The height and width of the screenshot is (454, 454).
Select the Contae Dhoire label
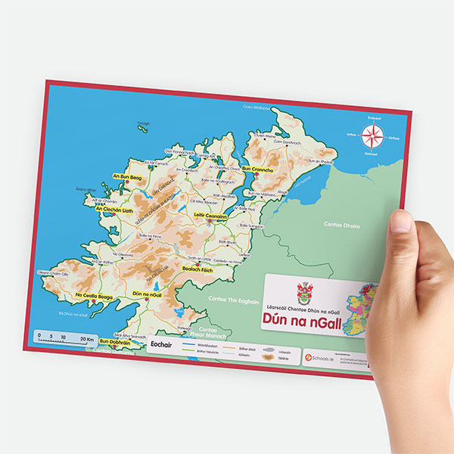click(x=342, y=226)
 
